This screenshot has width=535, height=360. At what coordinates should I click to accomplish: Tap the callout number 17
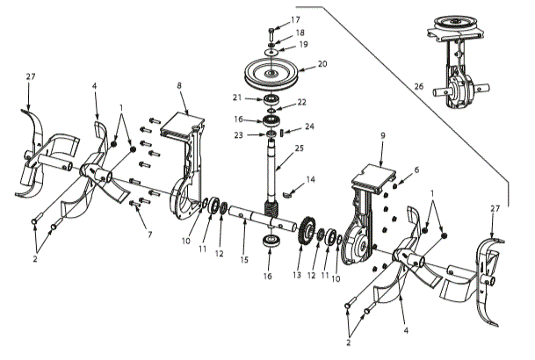(294, 19)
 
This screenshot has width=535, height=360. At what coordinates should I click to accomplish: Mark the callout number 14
(309, 180)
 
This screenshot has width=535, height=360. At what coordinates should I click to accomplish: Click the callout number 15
(245, 260)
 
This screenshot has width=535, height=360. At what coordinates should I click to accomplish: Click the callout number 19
(304, 44)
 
